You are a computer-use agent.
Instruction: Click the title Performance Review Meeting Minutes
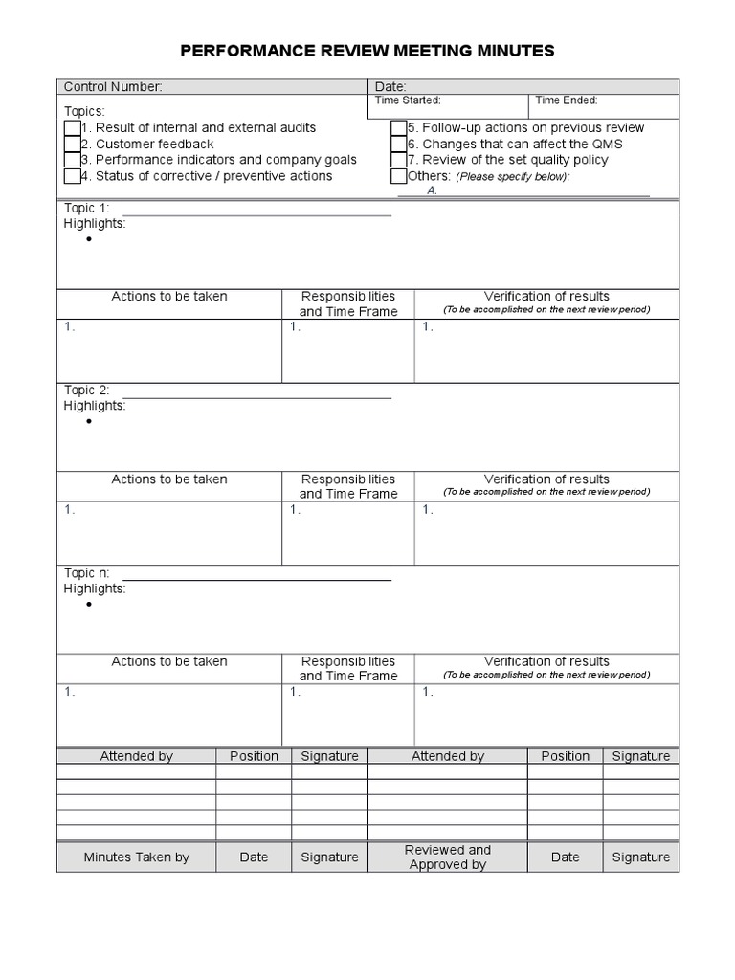tap(367, 51)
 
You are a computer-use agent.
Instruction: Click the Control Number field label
tap(113, 87)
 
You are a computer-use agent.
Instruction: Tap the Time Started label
tap(408, 100)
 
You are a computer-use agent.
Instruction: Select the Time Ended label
tap(567, 100)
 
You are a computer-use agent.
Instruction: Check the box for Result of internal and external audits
tap(73, 128)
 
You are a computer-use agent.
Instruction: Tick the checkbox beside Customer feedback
tap(73, 145)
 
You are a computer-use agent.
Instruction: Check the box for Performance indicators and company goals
tap(73, 160)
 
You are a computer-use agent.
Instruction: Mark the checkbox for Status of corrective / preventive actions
tap(73, 176)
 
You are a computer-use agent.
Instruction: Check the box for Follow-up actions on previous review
tap(399, 128)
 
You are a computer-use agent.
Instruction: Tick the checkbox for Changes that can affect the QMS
tap(399, 145)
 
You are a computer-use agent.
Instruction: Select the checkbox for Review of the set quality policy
tap(399, 160)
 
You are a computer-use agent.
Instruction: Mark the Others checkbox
tap(399, 176)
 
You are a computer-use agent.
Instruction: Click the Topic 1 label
tap(86, 208)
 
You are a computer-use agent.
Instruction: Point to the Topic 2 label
tap(86, 390)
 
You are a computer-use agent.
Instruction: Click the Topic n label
tap(86, 573)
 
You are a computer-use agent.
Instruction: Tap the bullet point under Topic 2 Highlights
tap(89, 421)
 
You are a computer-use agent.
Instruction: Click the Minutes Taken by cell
tap(136, 857)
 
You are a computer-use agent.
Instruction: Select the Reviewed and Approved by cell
tap(447, 857)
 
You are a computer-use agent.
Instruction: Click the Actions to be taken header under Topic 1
tap(169, 297)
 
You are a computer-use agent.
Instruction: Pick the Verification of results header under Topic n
tap(546, 661)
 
